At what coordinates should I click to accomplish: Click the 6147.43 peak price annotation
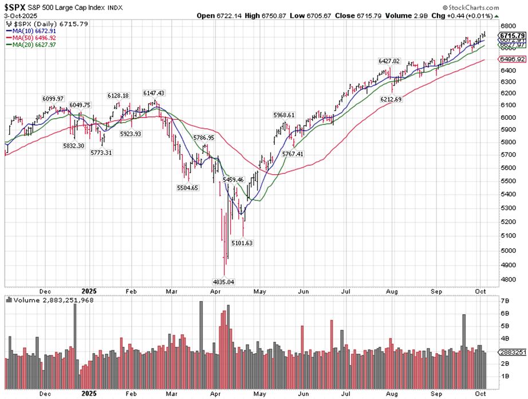[154, 93]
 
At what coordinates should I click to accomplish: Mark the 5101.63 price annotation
[242, 243]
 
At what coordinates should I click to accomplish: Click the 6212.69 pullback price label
[392, 99]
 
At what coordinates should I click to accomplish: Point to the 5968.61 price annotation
[284, 115]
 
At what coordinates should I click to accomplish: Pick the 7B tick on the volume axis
[505, 301]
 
